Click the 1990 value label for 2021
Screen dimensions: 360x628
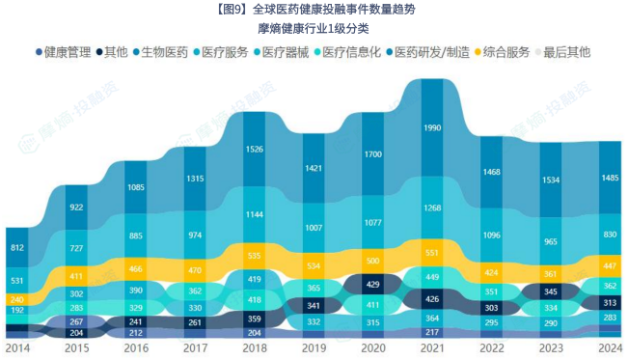(432, 128)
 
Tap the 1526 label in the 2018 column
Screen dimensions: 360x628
(254, 149)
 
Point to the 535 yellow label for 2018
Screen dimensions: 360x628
(254, 257)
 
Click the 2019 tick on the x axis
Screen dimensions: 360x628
(314, 347)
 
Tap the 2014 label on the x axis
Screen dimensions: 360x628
(17, 347)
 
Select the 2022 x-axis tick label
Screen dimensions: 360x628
(492, 347)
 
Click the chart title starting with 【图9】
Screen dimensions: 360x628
(314, 11)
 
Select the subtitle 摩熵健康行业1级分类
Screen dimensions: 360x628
(314, 29)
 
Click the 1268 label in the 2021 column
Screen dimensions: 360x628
(432, 208)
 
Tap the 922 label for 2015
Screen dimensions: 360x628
(76, 208)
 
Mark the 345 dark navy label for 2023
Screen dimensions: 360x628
(551, 291)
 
